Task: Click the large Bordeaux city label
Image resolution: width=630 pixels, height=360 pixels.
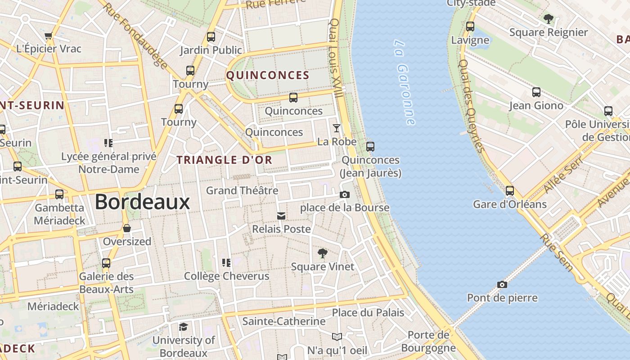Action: [142, 202]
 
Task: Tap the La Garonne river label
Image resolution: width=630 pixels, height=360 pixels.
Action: [404, 82]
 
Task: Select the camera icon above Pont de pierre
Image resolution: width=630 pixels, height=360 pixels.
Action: [502, 284]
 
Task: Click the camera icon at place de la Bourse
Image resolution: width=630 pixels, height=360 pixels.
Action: [345, 194]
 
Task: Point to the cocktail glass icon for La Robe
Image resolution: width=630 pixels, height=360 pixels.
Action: [336, 129]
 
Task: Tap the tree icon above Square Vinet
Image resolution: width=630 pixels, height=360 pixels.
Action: [322, 253]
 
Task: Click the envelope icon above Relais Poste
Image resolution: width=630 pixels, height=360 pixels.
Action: [281, 216]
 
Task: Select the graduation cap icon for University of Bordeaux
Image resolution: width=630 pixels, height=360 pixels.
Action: [183, 327]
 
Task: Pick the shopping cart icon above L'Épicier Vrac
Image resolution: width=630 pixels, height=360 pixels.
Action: [49, 36]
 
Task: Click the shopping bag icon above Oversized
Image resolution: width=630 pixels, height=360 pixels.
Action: [127, 228]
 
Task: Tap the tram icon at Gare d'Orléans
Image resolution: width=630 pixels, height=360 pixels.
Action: [509, 191]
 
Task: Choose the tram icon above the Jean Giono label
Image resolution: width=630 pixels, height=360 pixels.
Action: [536, 92]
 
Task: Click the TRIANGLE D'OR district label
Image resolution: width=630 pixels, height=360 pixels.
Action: [225, 160]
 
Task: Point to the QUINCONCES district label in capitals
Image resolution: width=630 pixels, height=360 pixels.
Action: [268, 75]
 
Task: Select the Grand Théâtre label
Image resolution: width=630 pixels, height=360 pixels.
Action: [242, 190]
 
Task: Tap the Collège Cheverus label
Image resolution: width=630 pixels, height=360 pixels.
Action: [227, 276]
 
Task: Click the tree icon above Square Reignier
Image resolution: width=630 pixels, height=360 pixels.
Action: [548, 19]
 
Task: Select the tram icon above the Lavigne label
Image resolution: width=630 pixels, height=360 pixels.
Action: [470, 27]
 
